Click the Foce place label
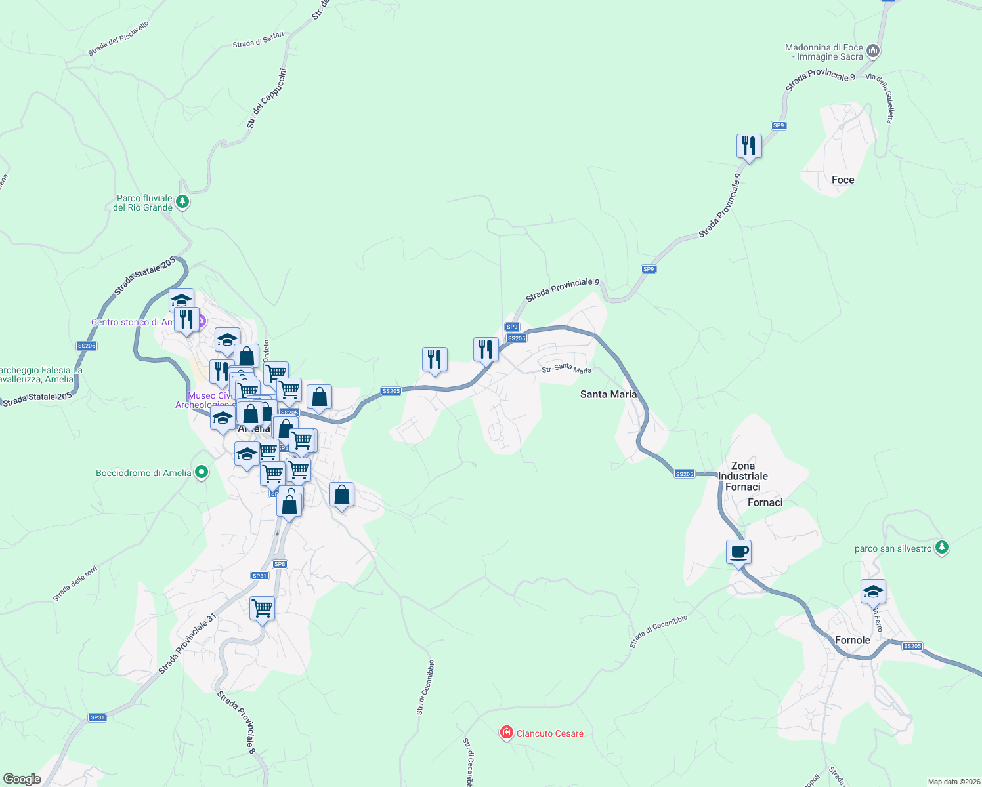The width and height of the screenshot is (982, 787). [x=843, y=180]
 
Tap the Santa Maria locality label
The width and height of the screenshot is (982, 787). [x=608, y=394]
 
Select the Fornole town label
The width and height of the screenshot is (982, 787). [x=852, y=640]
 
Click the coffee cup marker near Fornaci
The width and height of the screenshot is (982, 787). [x=738, y=552]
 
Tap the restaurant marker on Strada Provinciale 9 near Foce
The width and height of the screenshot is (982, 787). [x=749, y=146]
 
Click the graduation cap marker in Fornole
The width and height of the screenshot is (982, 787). [x=872, y=592]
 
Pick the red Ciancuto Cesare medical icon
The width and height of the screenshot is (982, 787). [x=506, y=733]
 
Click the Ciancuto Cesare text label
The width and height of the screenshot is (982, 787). [x=550, y=733]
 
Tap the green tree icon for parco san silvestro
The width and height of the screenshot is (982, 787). [x=942, y=548]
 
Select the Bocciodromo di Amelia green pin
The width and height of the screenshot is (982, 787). [x=202, y=472]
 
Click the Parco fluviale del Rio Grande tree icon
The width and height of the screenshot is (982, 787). [x=183, y=202]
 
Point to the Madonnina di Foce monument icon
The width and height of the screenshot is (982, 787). [x=872, y=50]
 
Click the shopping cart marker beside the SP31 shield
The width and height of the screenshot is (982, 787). [x=262, y=609]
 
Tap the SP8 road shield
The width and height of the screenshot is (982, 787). [x=280, y=564]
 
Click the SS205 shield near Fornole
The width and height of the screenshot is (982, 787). [x=912, y=646]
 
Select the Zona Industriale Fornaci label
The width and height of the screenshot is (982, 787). [x=742, y=476]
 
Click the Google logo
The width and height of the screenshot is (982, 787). [x=22, y=779]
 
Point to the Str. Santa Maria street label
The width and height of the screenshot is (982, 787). [x=566, y=369]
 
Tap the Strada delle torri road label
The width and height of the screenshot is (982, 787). [x=75, y=583]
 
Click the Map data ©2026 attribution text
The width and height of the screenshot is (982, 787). [x=953, y=782]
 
